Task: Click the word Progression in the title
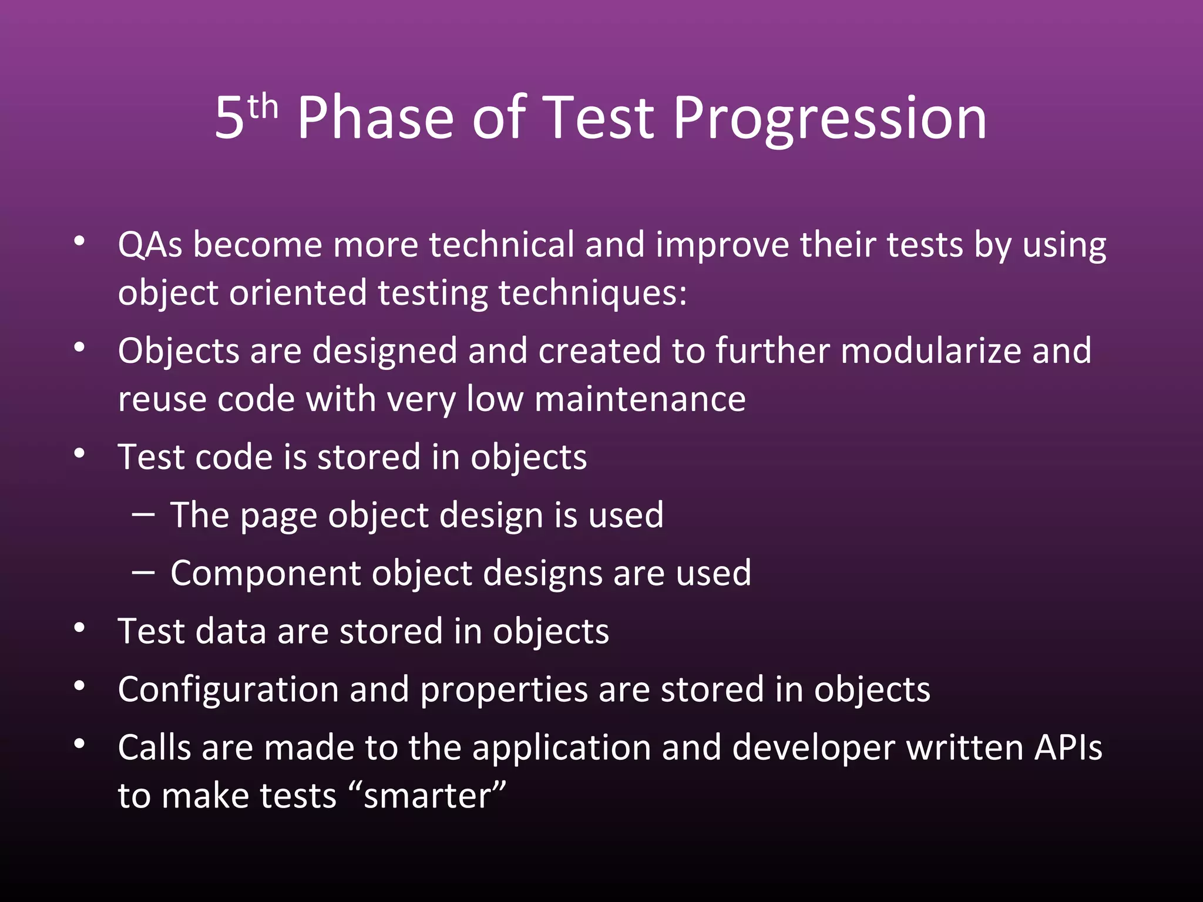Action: click(829, 120)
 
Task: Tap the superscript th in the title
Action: click(263, 107)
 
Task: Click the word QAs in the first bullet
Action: click(150, 245)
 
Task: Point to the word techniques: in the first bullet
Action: click(592, 294)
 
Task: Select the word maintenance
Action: click(640, 400)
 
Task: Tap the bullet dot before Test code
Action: click(80, 454)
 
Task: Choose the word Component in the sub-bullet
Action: click(266, 574)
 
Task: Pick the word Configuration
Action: click(228, 690)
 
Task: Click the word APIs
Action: click(1068, 748)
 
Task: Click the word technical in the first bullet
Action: click(501, 245)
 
